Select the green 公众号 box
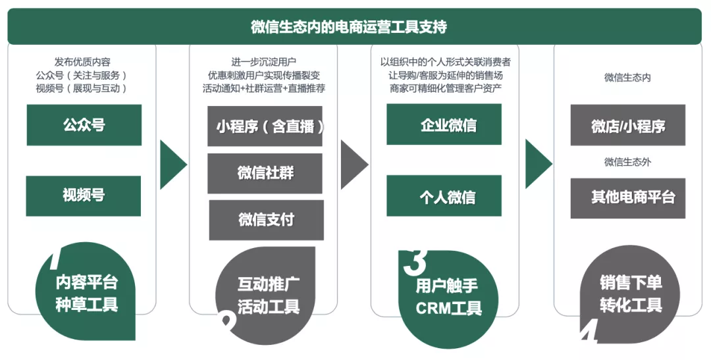click(x=84, y=125)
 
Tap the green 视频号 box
click(x=84, y=195)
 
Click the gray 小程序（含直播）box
click(x=265, y=126)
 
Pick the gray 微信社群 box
click(x=265, y=173)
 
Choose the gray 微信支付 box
click(x=266, y=220)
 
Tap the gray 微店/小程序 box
click(x=627, y=125)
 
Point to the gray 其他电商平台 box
click(x=627, y=197)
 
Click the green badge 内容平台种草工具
click(x=89, y=294)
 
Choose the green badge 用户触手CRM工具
click(x=448, y=297)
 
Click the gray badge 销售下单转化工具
click(x=629, y=294)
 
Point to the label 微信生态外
click(x=627, y=162)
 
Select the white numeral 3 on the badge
click(x=414, y=261)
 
